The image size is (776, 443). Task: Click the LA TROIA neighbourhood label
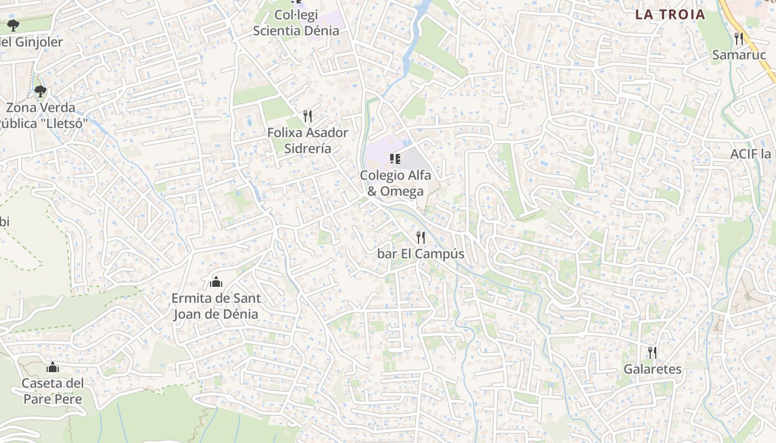click(x=670, y=15)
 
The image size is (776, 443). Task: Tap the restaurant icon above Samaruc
click(x=738, y=38)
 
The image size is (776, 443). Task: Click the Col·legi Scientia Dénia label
click(x=296, y=23)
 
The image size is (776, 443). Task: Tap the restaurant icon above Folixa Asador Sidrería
click(x=308, y=116)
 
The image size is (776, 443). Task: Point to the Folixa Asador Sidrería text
click(x=308, y=141)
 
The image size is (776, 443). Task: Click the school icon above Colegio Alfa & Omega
click(x=395, y=159)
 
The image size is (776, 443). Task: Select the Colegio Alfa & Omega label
click(x=395, y=183)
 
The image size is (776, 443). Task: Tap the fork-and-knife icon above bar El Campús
click(x=421, y=238)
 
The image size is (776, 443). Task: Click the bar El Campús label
click(x=421, y=254)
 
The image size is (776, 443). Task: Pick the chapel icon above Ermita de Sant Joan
click(x=216, y=282)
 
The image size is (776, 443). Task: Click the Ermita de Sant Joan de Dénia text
click(x=216, y=306)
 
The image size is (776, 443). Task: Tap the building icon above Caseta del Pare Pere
click(x=53, y=367)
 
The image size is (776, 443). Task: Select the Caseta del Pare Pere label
click(x=53, y=391)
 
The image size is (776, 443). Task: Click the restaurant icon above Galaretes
click(x=652, y=352)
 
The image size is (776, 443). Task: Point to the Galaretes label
click(x=652, y=369)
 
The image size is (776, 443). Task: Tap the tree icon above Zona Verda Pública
click(x=40, y=91)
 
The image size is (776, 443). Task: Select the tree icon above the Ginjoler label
click(x=13, y=25)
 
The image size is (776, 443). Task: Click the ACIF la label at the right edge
click(x=752, y=153)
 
